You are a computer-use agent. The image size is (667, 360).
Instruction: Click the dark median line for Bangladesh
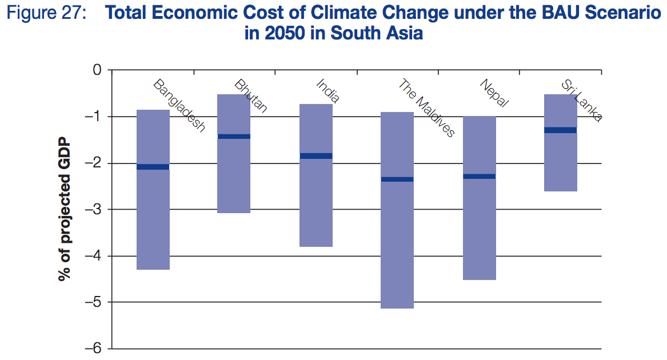coord(153,167)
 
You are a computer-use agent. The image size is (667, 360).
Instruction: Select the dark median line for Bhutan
coord(234,137)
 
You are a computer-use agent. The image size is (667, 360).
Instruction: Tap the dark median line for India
coord(316,156)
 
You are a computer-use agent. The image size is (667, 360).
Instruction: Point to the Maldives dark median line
coord(397,179)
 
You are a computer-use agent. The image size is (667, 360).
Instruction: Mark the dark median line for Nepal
coord(479,177)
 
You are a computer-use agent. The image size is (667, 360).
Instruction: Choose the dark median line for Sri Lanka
coord(560,130)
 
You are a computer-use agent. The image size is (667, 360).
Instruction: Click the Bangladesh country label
coord(179,106)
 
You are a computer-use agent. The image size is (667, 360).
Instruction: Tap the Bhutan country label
coord(250,96)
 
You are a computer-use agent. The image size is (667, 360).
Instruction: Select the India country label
coord(328,91)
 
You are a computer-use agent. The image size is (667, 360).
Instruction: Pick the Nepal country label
coord(494,94)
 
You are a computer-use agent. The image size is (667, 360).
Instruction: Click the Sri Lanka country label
coord(581,101)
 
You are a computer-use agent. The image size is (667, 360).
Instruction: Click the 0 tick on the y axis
coord(97,70)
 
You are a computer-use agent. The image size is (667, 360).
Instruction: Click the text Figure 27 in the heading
coord(45,13)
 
